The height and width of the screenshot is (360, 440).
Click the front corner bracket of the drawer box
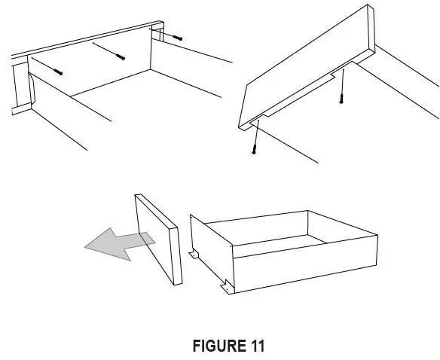[227, 287]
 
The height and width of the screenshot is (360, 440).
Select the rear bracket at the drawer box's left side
[194, 255]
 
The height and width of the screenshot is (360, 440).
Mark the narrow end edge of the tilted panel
[371, 30]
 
